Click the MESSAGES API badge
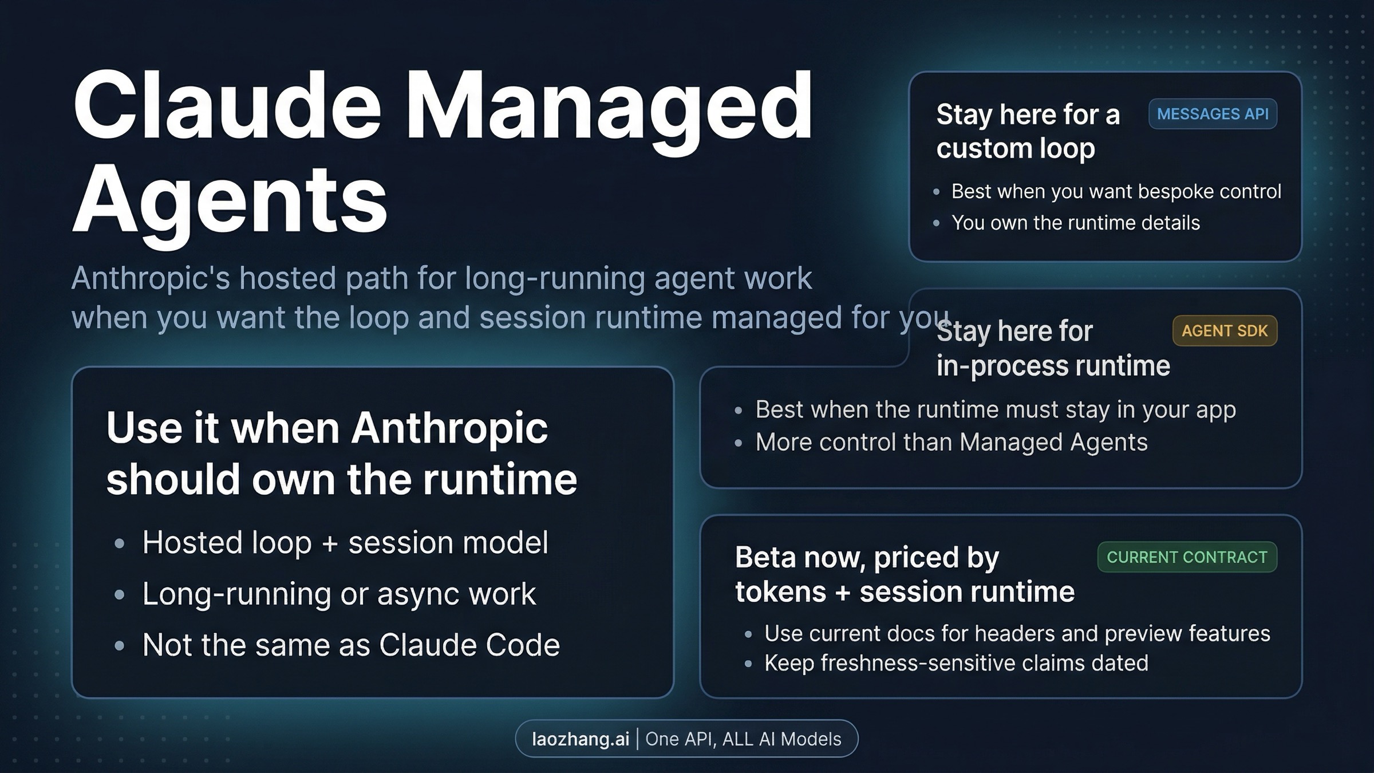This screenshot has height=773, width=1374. click(1213, 114)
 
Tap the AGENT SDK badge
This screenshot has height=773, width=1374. click(1225, 331)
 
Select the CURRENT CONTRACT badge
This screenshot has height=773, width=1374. click(1187, 557)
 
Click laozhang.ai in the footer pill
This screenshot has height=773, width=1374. click(581, 739)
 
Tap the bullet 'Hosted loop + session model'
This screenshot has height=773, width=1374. click(345, 542)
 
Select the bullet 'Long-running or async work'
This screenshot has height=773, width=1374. click(339, 594)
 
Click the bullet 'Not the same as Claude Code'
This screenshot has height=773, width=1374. click(351, 645)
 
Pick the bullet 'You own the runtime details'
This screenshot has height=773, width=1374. click(1075, 223)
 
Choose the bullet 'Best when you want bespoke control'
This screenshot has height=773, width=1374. click(1116, 191)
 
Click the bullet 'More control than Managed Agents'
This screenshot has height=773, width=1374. click(951, 442)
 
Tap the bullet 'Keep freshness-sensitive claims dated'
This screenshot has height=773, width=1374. click(956, 663)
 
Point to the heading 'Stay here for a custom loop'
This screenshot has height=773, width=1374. click(1028, 131)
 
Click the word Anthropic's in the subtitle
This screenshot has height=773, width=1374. click(151, 278)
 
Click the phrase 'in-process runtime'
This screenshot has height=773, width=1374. click(1053, 366)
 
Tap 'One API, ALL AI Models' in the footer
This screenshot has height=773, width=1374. click(743, 739)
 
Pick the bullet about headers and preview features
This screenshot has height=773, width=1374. click(1017, 634)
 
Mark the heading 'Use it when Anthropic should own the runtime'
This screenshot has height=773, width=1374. click(341, 453)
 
